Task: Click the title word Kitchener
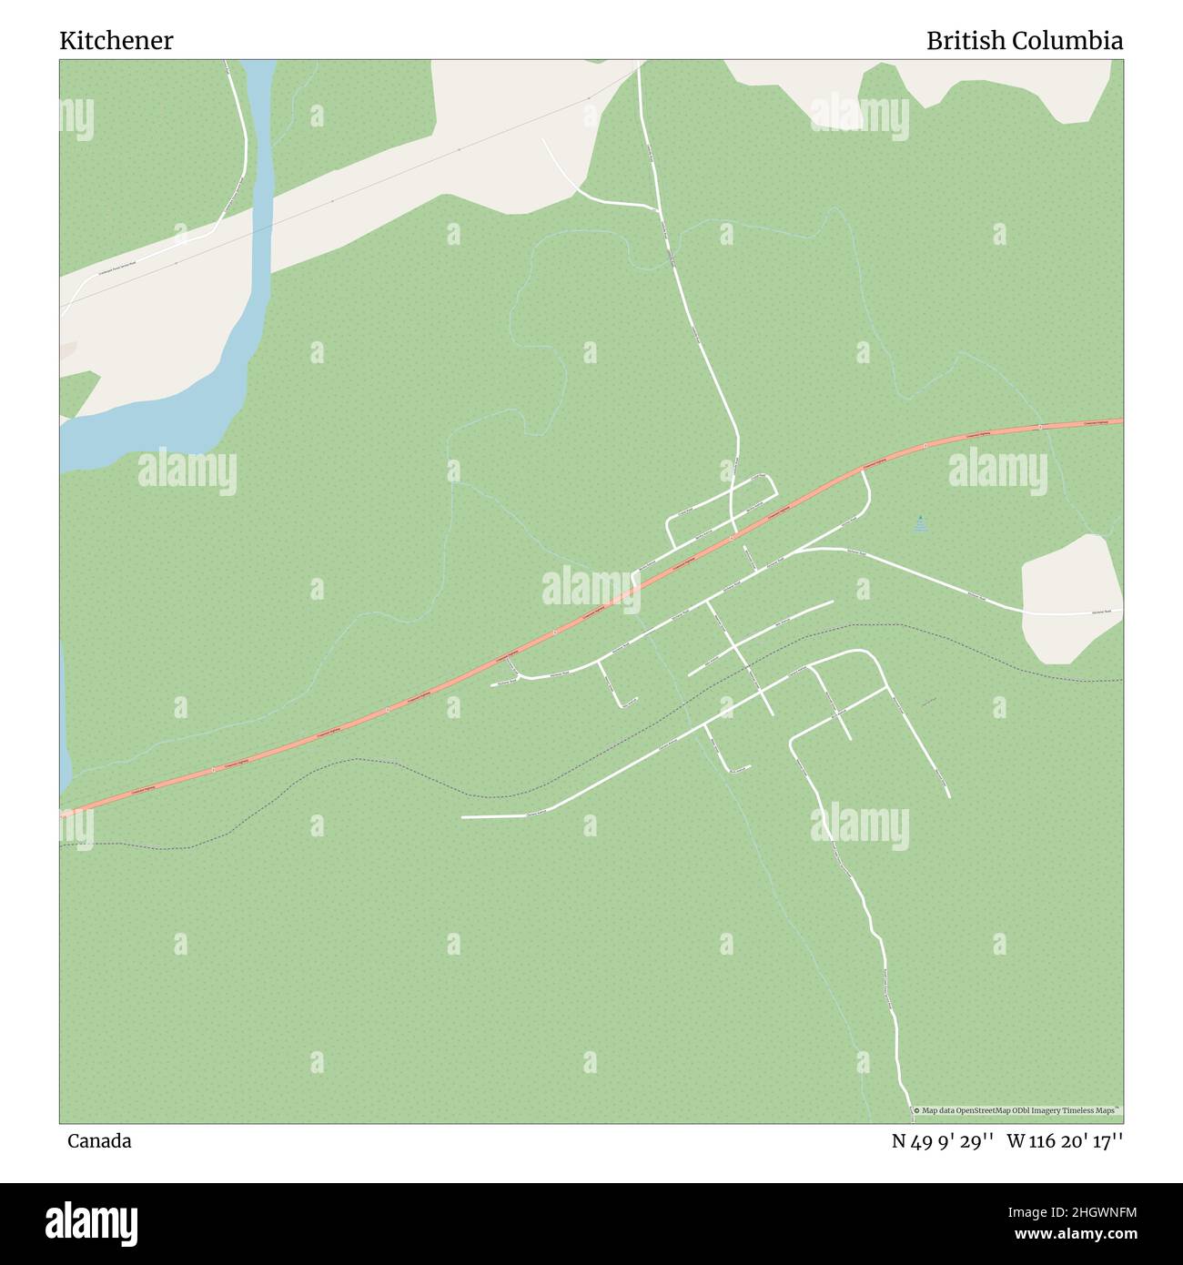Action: click(x=116, y=41)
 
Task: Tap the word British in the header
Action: click(x=967, y=41)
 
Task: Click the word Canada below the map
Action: click(x=98, y=1141)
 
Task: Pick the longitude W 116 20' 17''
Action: click(x=1065, y=1141)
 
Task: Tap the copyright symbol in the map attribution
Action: click(x=916, y=1110)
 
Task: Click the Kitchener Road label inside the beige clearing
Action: click(x=1103, y=612)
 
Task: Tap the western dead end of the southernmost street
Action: click(x=463, y=817)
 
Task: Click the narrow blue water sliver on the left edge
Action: click(x=64, y=719)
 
